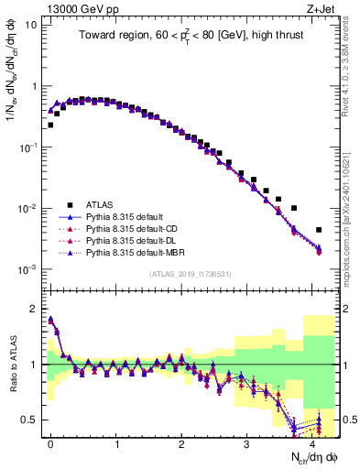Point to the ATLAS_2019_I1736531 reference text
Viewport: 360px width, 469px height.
pyautogui.click(x=190, y=274)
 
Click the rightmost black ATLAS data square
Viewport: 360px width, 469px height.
pyautogui.click(x=319, y=230)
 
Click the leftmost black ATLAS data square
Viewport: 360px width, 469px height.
pyautogui.click(x=50, y=125)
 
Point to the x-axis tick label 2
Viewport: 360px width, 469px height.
pyautogui.click(x=182, y=442)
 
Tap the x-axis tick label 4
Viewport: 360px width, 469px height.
pyautogui.click(x=312, y=442)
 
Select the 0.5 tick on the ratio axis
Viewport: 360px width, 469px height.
pyautogui.click(x=31, y=420)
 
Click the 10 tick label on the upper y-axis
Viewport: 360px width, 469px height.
pyautogui.click(x=29, y=25)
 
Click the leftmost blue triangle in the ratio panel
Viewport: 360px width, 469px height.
pyautogui.click(x=50, y=320)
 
